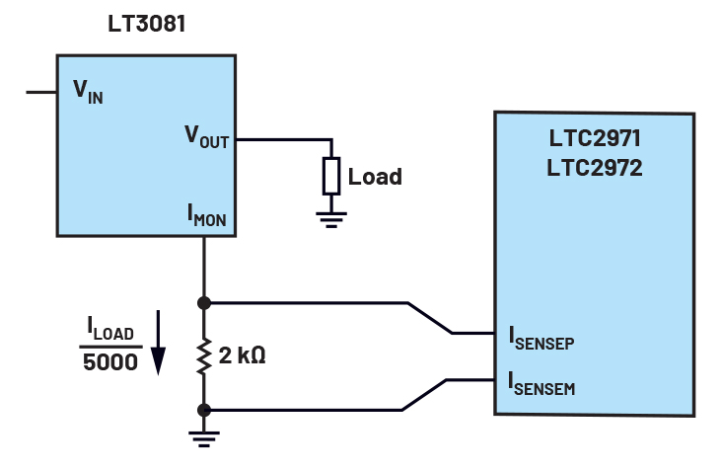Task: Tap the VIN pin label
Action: [88, 91]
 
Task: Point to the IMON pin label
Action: [207, 216]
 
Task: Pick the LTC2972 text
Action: [594, 168]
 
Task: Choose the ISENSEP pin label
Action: [541, 337]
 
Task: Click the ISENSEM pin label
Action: [541, 383]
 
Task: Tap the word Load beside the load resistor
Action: [375, 177]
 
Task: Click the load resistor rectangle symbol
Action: [330, 176]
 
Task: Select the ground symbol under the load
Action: [330, 218]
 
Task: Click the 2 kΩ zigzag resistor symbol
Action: [204, 355]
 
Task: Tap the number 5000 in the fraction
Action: [109, 362]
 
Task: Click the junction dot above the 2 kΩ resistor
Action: [204, 302]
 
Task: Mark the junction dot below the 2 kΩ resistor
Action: [204, 409]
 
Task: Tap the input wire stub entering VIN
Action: [40, 92]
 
